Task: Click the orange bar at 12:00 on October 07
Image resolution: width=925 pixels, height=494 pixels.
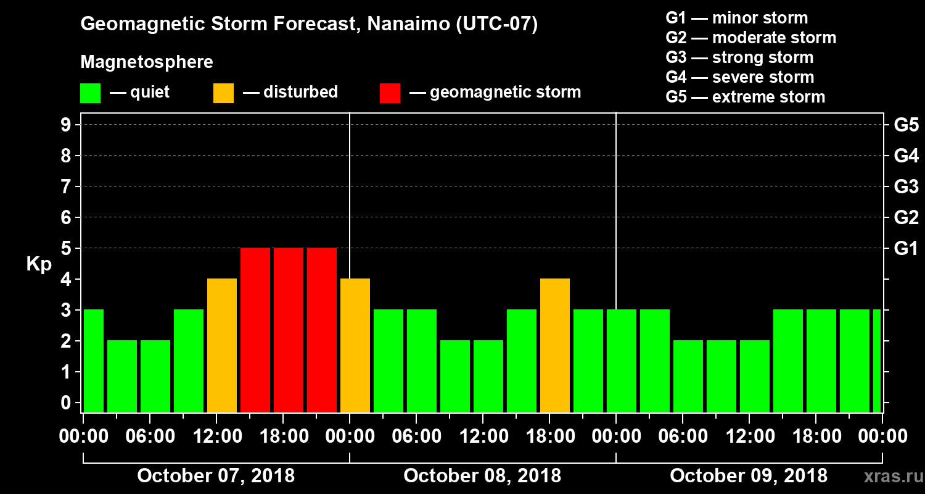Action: coord(222,345)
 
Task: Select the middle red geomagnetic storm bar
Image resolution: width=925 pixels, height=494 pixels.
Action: coord(289,330)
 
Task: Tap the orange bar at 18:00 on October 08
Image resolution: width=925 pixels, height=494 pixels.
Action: coord(555,345)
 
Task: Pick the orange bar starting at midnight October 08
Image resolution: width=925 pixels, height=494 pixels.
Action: coord(355,345)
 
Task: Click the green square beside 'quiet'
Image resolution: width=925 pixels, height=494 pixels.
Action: coord(90,93)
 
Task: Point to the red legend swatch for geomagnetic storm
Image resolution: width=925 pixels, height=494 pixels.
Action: coord(390,93)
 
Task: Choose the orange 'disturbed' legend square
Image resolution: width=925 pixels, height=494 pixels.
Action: coord(223,93)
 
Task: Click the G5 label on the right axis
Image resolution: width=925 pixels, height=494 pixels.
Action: coord(906,125)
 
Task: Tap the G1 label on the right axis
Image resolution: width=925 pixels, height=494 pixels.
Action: coord(906,249)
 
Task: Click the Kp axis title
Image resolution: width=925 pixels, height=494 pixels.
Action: coord(39,264)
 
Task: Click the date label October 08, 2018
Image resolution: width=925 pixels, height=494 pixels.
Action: coord(482,476)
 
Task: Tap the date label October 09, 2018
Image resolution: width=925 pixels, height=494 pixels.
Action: coord(749,476)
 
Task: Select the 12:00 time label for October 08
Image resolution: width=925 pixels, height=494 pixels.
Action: coord(483,437)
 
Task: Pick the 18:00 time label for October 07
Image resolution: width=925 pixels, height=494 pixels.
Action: coord(284,437)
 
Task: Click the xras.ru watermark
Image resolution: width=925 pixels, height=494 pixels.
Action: coord(889,477)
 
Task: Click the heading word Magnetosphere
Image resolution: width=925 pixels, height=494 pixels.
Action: coord(147,62)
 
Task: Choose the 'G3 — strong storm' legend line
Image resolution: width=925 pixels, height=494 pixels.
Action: coord(739,57)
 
